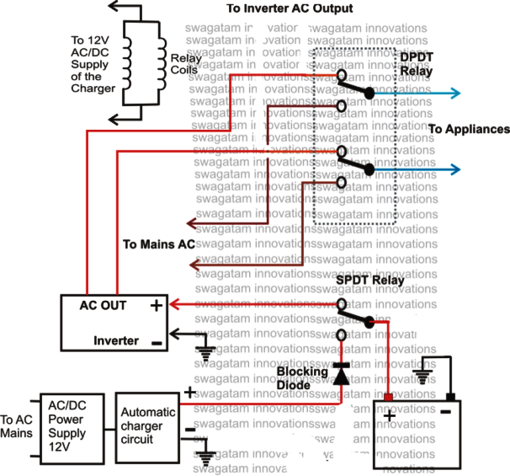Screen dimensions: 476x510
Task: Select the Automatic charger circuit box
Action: click(x=148, y=426)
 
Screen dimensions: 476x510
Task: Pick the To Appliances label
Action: click(x=469, y=130)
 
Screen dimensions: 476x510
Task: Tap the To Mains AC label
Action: click(x=159, y=244)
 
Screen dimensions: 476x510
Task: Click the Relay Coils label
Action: click(x=185, y=64)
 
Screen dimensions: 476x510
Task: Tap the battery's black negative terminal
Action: click(x=452, y=397)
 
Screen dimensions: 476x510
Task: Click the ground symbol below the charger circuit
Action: click(x=206, y=458)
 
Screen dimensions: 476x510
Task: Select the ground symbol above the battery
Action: click(x=422, y=375)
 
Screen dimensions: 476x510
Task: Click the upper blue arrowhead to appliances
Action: click(x=455, y=94)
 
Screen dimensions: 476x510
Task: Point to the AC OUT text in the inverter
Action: click(x=104, y=306)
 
